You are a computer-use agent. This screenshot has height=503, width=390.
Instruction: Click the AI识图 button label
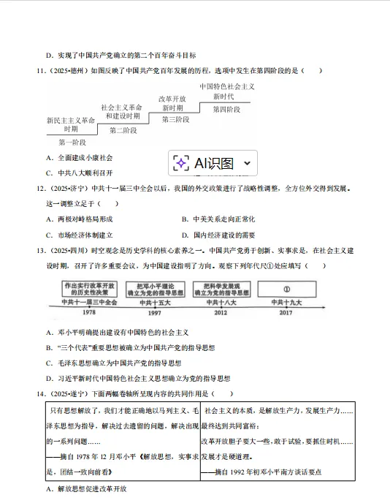point(214,164)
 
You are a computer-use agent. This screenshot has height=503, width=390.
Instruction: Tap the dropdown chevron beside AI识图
point(246,164)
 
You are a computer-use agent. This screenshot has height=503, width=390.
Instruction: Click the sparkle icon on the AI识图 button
point(182,164)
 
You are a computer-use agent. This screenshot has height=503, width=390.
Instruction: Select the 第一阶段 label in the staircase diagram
point(72,142)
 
